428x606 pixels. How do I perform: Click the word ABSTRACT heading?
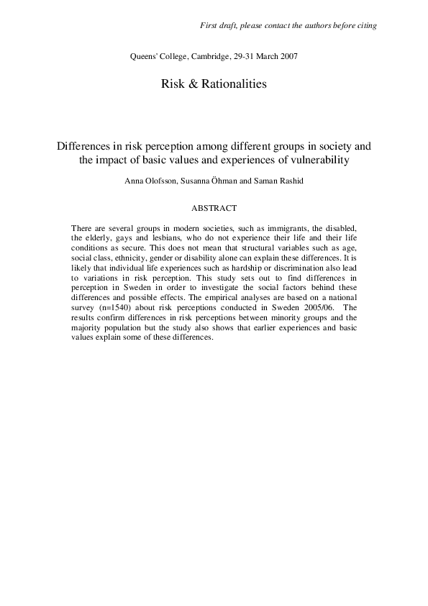214,209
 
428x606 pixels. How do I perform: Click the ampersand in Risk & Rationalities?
188,84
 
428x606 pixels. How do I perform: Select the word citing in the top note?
365,26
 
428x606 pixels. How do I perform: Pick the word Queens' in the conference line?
141,56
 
